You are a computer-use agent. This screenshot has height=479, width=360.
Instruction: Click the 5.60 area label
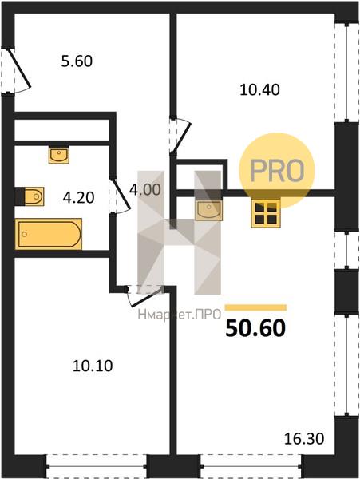pos(77,61)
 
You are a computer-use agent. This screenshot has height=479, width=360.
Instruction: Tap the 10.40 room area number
pos(259,89)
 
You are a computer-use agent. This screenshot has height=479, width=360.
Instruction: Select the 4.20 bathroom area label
pos(78,198)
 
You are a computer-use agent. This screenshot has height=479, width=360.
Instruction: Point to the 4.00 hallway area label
pos(144,190)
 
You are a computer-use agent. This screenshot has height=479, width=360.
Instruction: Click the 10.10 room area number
pos(93,366)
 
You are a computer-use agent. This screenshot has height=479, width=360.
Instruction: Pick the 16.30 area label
pos(304,439)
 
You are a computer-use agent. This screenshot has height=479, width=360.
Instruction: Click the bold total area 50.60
pos(255,328)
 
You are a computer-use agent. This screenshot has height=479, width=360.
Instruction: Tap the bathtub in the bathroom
pos(49,234)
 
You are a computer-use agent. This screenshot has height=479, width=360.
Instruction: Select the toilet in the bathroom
pos(30,196)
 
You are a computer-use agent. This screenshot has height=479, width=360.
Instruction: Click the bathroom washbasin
pos(59,155)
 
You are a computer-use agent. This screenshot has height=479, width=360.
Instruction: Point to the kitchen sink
pos(209,210)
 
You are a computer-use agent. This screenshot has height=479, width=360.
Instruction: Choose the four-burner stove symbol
pos(266,213)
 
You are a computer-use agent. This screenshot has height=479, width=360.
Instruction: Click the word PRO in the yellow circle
pos(277,171)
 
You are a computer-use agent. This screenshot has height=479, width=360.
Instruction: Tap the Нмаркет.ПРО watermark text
pos(180,314)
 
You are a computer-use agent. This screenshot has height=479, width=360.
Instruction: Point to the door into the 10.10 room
pos(144,295)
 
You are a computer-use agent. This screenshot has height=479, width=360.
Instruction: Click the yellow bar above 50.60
pos(256,307)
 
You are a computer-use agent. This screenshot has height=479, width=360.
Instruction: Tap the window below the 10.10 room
pos(97,465)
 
